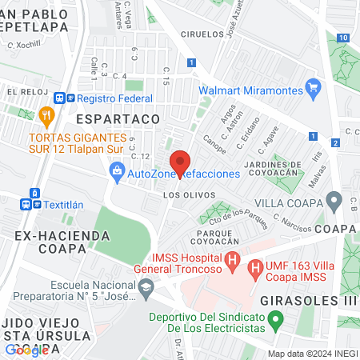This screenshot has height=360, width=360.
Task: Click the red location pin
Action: pos(180,161)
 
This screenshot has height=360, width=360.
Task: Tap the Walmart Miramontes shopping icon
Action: pos(313,90)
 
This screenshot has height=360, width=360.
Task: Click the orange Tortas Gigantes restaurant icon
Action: pos(49,115)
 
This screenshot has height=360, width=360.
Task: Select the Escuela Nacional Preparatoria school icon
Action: pos(145,293)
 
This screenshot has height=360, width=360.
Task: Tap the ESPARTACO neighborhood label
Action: pos(118,118)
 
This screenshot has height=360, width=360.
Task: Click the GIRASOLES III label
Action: pos(307,302)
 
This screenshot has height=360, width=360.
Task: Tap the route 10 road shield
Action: pos(342,38)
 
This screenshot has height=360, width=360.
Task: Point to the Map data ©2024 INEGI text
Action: pos(311,354)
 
